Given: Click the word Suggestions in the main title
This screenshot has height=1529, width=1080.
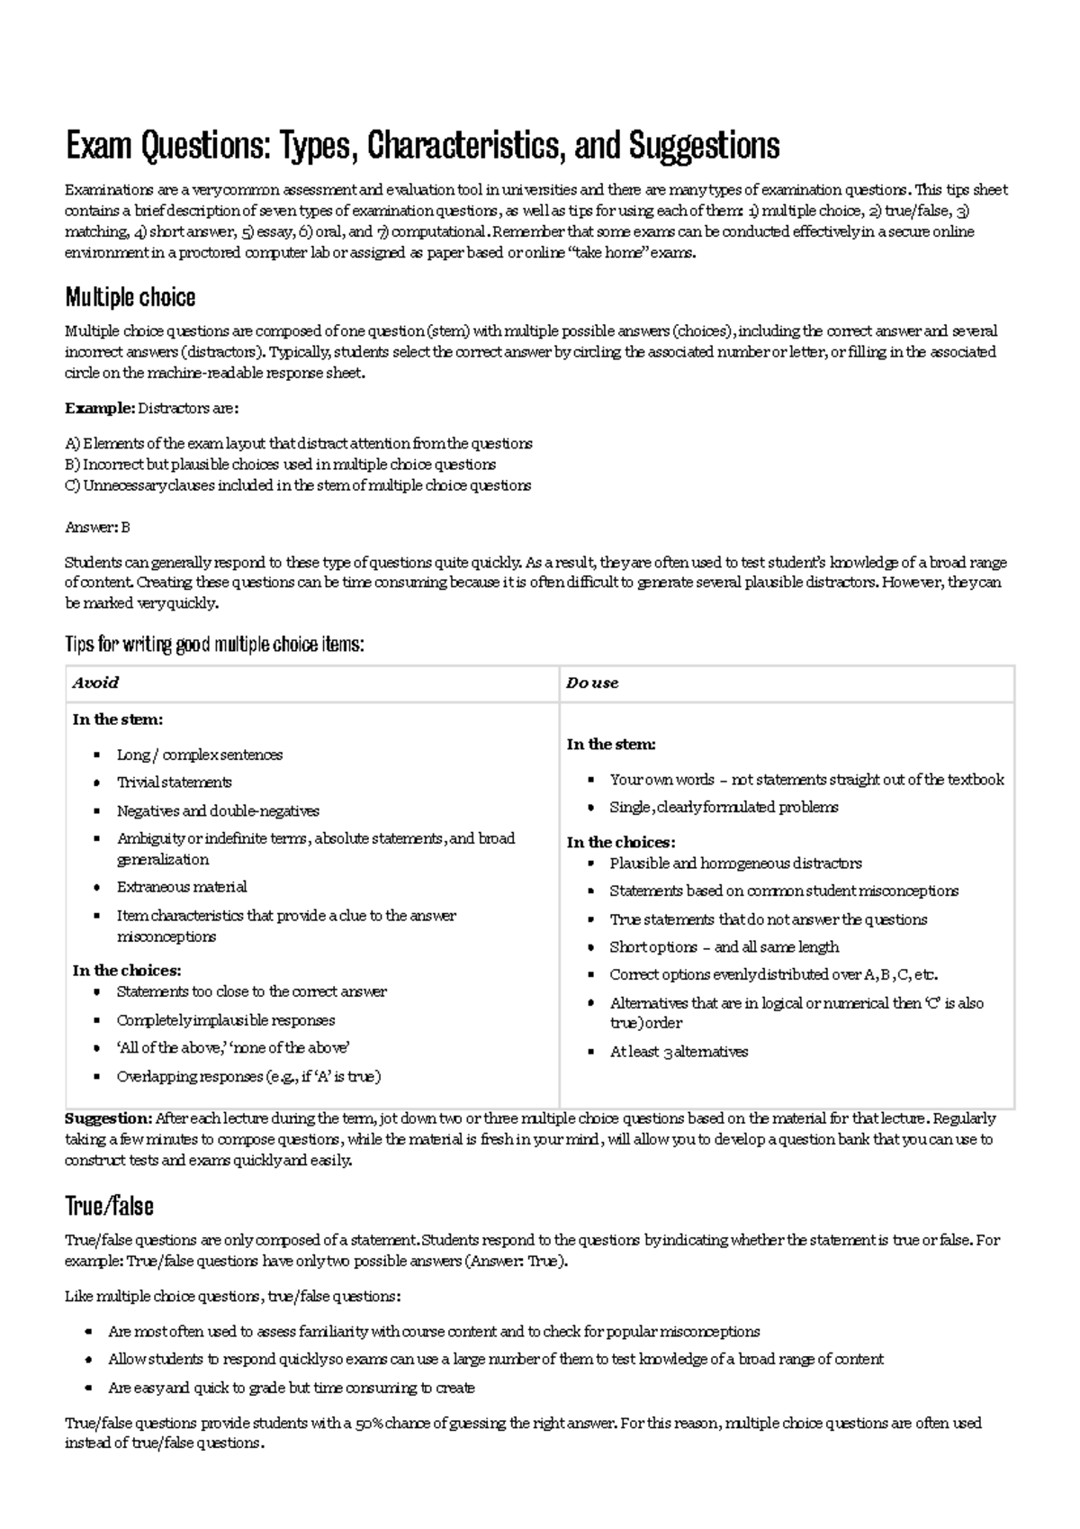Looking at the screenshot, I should tap(704, 145).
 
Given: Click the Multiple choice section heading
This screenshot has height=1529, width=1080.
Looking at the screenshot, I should tap(130, 297).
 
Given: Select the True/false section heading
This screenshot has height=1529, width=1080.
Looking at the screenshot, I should tap(109, 1206).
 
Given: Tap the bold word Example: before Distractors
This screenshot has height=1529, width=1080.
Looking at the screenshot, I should tap(99, 408).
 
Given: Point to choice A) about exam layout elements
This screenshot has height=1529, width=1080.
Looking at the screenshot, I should tap(298, 443).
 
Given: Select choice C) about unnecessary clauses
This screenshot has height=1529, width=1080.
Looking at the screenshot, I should tap(298, 485).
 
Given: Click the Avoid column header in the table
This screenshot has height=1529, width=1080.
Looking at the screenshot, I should tap(95, 683).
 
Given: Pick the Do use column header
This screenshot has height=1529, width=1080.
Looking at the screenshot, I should tap(592, 683).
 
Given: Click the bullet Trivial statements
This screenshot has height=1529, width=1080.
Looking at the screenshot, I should tap(174, 782).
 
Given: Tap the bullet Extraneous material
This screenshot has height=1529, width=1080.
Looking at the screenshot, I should tap(181, 887).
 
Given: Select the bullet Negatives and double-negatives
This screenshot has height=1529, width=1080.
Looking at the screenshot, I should tap(218, 810).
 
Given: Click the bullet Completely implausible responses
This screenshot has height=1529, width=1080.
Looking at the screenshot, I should tap(225, 1020).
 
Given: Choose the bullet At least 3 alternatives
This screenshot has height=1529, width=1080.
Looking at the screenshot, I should tap(679, 1051).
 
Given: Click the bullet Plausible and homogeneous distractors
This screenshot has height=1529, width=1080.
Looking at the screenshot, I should tap(735, 863).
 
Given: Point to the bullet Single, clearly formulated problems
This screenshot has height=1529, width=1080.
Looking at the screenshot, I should tap(724, 807).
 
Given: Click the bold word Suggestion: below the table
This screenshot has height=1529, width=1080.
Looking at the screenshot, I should tap(108, 1118).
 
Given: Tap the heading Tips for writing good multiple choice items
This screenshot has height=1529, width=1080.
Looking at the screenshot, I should tap(214, 644).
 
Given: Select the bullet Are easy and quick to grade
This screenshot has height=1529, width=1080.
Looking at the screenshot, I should tap(291, 1388).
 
